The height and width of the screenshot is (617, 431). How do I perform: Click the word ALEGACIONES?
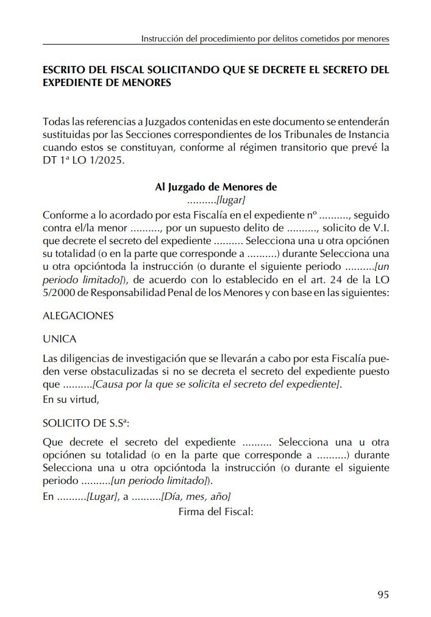tap(78, 316)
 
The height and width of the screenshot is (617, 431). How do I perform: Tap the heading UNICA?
tap(60, 338)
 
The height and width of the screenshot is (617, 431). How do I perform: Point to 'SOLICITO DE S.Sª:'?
tap(86, 423)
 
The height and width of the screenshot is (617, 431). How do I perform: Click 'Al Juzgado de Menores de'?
tap(216, 187)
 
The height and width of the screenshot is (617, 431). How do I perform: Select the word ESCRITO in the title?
tap(63, 70)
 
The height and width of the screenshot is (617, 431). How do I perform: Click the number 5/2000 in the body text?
tap(59, 292)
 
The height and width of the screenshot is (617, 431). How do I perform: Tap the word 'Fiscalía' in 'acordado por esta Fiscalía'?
tap(199, 215)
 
